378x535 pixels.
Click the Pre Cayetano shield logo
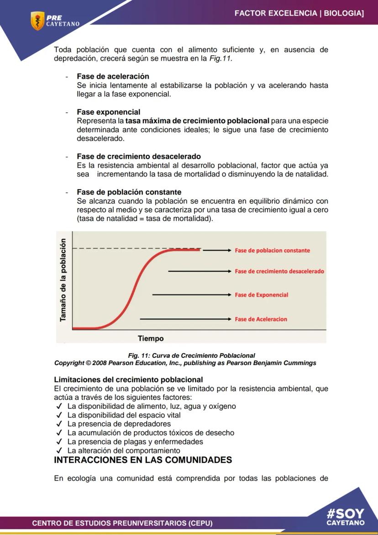[37, 21]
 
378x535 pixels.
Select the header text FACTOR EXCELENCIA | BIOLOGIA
[299, 14]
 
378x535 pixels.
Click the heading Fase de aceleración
[113, 76]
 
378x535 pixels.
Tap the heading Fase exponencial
[108, 112]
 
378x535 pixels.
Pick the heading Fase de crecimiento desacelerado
[139, 156]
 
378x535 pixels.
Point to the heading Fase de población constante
[129, 192]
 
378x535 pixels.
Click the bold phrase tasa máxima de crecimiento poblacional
[197, 121]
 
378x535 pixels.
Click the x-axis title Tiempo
[151, 339]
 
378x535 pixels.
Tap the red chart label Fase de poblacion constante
[272, 250]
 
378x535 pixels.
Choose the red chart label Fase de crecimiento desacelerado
[279, 271]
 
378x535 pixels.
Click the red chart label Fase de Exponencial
[261, 295]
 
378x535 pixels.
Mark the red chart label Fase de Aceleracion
[261, 319]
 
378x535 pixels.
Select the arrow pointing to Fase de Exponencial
[192, 295]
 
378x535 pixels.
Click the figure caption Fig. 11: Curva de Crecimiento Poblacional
[191, 355]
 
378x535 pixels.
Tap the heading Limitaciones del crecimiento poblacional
[128, 380]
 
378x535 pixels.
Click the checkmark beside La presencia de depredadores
[58, 424]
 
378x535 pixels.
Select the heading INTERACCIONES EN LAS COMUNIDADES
[143, 460]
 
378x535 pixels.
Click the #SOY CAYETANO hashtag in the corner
[346, 517]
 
